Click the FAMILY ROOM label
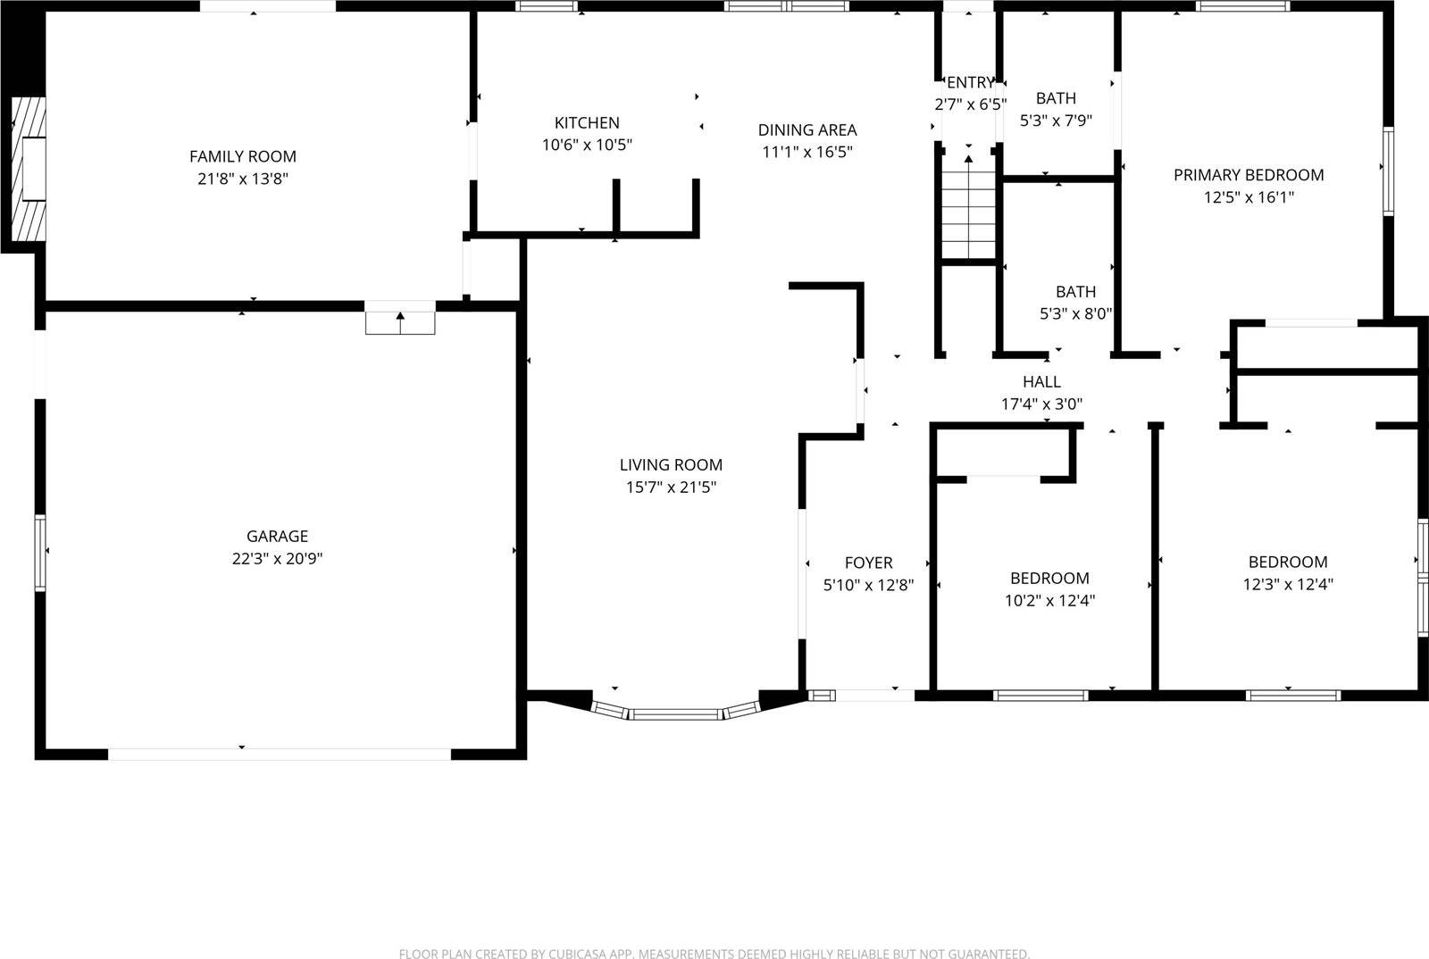click(242, 156)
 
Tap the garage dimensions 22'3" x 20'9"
click(277, 559)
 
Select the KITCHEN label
click(587, 123)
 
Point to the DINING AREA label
click(807, 129)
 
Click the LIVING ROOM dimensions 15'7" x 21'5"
click(671, 488)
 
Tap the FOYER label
click(868, 563)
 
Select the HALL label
click(1041, 381)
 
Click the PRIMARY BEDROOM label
click(1248, 175)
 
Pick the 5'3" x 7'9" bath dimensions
click(1056, 121)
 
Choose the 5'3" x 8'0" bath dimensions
click(1075, 314)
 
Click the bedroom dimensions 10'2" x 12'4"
click(1049, 601)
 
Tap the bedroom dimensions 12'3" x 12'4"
click(1288, 585)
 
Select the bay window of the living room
click(676, 713)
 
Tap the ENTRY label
click(970, 82)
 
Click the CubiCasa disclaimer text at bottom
click(714, 954)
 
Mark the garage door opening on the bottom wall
click(280, 754)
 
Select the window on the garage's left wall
click(40, 552)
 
